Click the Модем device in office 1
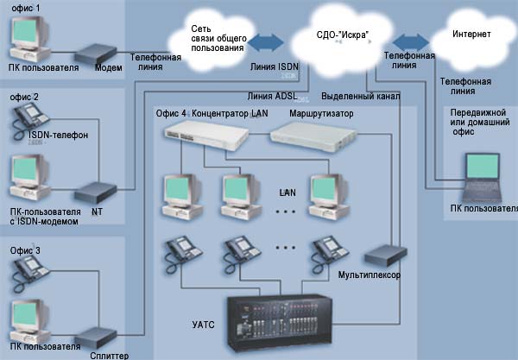coord(95,52)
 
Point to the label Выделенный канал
coord(360,96)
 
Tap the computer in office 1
coord(35,39)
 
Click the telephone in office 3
coord(32,274)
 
